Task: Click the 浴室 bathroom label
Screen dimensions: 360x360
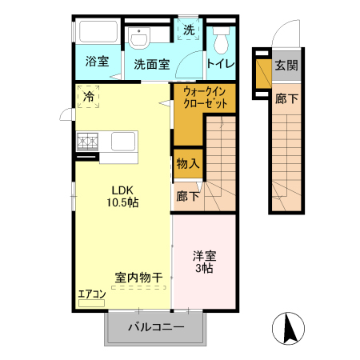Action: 98,62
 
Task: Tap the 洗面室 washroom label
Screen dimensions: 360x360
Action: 150,65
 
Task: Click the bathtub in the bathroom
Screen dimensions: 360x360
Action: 97,34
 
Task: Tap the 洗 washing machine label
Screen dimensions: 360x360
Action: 189,30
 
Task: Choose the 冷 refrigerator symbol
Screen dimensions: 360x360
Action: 87,97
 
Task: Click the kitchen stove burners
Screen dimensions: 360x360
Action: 87,142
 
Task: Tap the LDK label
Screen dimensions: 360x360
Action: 123,190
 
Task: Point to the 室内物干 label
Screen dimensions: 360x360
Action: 138,278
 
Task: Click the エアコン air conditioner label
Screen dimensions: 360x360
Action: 92,293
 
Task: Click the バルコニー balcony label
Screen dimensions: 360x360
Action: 157,328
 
